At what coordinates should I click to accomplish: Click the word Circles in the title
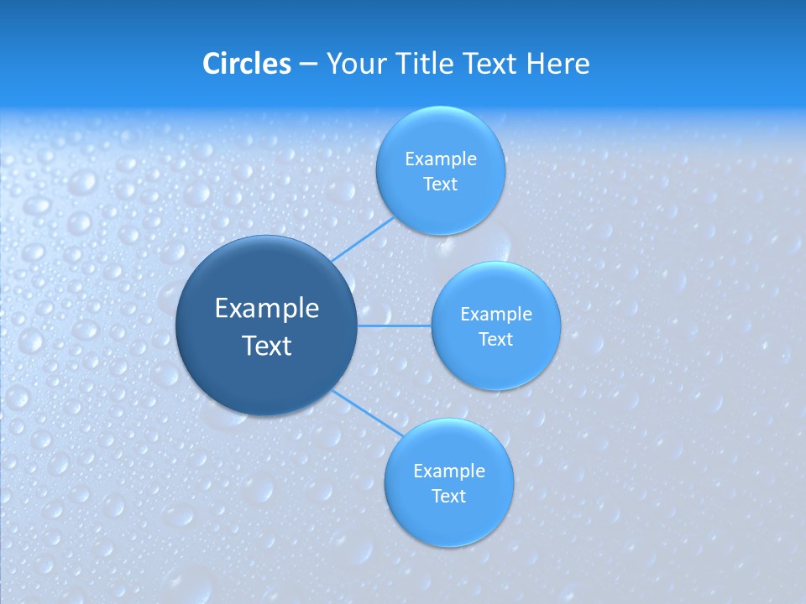pyautogui.click(x=246, y=64)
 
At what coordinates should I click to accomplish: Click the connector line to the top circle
pyautogui.click(x=363, y=239)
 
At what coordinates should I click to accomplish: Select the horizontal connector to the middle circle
pyautogui.click(x=395, y=325)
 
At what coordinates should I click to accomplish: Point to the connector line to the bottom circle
pyautogui.click(x=365, y=412)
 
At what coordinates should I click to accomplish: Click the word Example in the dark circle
pyautogui.click(x=267, y=309)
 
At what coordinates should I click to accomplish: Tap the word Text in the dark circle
pyautogui.click(x=267, y=346)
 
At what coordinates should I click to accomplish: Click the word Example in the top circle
pyautogui.click(x=441, y=159)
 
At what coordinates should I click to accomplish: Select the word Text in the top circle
pyautogui.click(x=440, y=185)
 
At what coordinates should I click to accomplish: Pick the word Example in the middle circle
pyautogui.click(x=496, y=315)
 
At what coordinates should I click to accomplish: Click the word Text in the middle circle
pyautogui.click(x=495, y=340)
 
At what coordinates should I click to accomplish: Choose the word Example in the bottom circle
pyautogui.click(x=449, y=471)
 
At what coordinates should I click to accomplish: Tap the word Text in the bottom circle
pyautogui.click(x=448, y=497)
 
